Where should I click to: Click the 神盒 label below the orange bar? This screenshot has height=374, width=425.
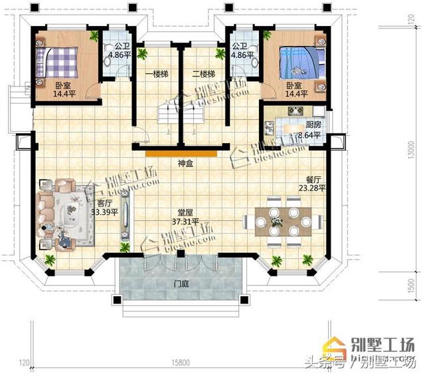(185, 162)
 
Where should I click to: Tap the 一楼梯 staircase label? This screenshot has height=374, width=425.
(155, 73)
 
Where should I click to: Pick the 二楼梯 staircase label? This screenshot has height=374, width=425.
(203, 73)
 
